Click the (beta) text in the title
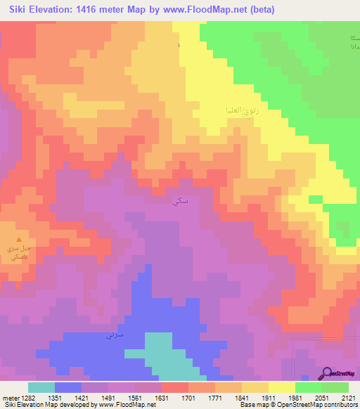260,10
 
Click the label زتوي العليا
232,110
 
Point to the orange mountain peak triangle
19,240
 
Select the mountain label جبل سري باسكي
19,254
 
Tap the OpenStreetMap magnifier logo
328,373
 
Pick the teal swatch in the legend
41,387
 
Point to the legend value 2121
349,397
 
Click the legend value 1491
108,397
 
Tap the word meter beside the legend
9,397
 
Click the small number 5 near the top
179,46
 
